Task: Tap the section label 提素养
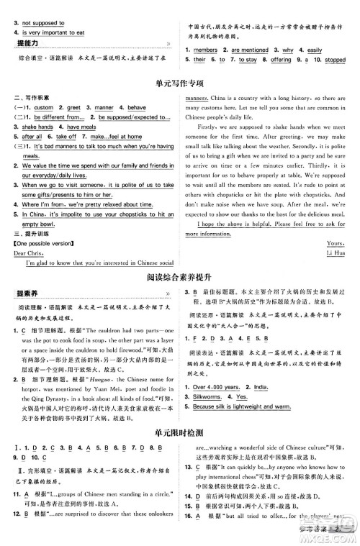pos(27,294)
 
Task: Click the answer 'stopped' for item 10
pos(335,60)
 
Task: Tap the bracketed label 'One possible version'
pos(42,243)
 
